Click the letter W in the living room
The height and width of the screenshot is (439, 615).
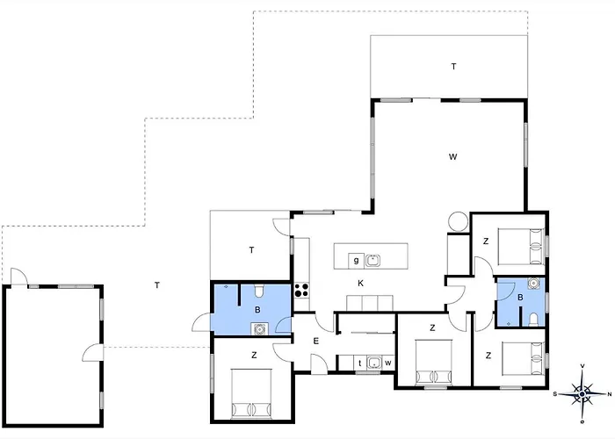452,157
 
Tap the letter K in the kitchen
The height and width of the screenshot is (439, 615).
360,284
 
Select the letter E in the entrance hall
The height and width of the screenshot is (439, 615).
316,341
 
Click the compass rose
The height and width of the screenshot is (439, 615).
582,393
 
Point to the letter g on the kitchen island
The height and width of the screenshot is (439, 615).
356,260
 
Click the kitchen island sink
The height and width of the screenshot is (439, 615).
373,260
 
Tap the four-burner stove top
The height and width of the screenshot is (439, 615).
301,291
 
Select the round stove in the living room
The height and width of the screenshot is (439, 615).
459,221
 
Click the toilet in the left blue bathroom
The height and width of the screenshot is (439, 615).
259,291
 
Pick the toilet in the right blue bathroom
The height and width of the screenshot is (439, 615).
533,320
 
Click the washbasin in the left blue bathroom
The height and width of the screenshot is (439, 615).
259,329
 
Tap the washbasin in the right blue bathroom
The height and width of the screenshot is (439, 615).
532,283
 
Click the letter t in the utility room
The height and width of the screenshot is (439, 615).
360,363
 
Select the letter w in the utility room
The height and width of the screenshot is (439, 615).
388,363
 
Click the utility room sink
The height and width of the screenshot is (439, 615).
374,363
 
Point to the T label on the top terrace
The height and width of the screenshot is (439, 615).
454,67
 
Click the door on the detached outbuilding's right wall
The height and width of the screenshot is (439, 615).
93,351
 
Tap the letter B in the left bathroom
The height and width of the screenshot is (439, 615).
257,310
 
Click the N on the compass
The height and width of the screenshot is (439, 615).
609,394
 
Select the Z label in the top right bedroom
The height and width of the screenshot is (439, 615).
486,241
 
